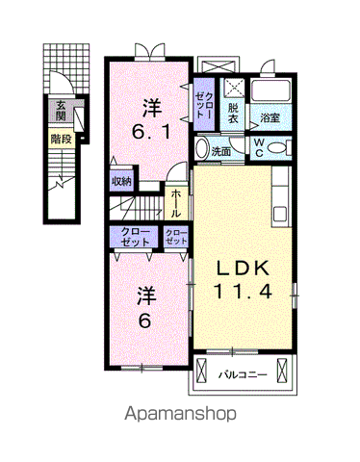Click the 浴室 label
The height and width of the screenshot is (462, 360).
pos(270,117)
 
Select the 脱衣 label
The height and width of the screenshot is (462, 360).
pos(233,113)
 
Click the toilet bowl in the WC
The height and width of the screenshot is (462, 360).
pos(278,147)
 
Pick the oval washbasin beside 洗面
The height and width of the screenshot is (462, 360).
pos(200,150)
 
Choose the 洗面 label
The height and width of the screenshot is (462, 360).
pos(221,152)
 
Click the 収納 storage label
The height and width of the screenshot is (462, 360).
pos(121,179)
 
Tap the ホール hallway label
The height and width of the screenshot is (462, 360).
pos(177,202)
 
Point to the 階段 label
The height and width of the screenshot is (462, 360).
pos(60,138)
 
